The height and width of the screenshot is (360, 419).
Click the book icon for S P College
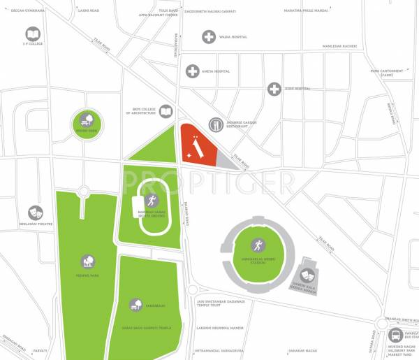[x=33, y=34]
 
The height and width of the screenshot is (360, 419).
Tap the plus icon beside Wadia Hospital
[x=209, y=37]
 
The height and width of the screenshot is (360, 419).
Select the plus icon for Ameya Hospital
[x=192, y=71]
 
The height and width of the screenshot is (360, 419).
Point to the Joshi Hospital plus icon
[x=274, y=89]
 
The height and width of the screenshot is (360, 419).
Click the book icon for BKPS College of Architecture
[x=166, y=111]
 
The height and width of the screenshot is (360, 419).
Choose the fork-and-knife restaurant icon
[x=216, y=124]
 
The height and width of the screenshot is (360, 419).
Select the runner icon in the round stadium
[x=258, y=245]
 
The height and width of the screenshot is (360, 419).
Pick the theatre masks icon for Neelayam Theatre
[x=34, y=213]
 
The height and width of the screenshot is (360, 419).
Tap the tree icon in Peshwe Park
[x=87, y=262]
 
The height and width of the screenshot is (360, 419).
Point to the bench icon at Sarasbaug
[x=136, y=305]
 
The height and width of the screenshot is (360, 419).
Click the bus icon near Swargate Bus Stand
[x=395, y=335]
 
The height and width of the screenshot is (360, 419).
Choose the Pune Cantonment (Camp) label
[x=386, y=72]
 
